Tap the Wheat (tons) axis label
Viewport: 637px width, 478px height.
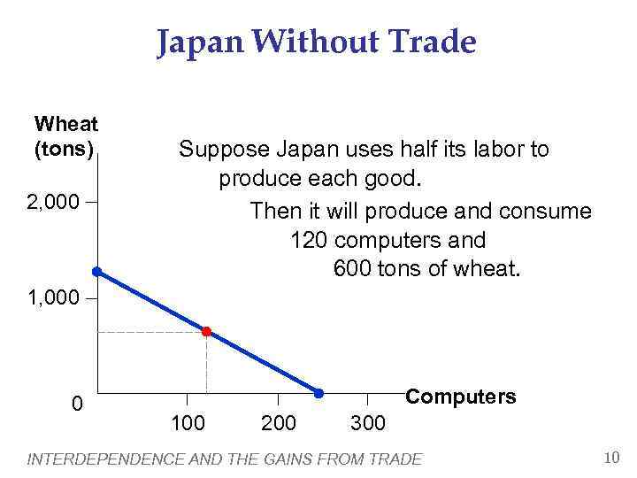65,136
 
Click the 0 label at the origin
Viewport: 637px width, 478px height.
78,405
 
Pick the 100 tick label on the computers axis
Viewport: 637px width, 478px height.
187,422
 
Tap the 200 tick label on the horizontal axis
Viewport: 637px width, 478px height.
280,422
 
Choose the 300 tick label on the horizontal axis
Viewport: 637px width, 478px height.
368,422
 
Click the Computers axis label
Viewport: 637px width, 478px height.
460,397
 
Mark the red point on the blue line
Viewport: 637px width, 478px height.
206,332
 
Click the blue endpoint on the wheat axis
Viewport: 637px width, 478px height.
96,272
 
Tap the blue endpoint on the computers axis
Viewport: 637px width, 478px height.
319,392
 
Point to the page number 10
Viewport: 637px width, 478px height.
610,458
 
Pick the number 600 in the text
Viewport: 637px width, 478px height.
352,268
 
